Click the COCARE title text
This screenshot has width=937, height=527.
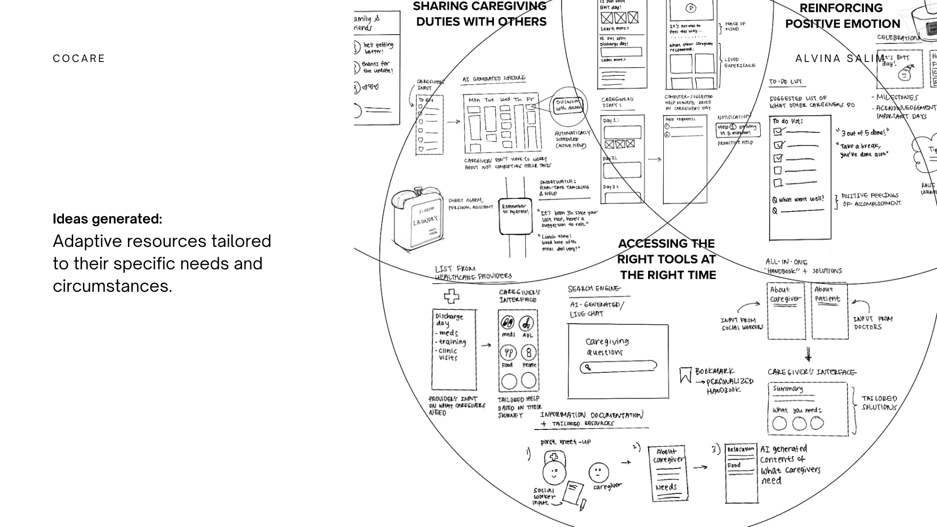coord(79,59)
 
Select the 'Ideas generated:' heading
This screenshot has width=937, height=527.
coord(107,219)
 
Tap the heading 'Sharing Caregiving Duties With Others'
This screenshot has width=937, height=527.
coord(480,14)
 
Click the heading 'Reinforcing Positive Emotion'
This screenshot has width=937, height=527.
coord(842,16)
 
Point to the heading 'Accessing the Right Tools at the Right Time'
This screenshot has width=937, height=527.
coord(667,259)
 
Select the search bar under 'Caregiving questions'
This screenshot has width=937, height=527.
coord(618,366)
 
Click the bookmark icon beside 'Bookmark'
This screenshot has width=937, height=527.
coord(685,375)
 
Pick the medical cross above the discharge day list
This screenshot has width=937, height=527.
coord(451,296)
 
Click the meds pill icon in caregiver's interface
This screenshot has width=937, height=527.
coord(508,323)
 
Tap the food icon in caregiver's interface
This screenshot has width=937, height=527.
coord(508,353)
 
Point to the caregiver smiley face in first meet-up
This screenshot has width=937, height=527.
coord(598,472)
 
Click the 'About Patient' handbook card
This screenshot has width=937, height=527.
coord(829,311)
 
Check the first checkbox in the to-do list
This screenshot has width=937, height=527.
coord(778,132)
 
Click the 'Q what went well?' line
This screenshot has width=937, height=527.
coord(798,199)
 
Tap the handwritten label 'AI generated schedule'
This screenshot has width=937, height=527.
coord(494,79)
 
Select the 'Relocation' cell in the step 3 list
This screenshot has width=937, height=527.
coord(740,449)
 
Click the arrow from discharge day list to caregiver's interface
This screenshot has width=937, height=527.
coord(486,345)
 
